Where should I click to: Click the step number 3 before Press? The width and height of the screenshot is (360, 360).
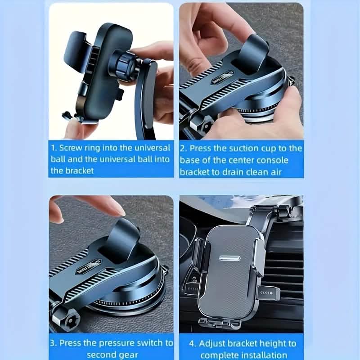point(54,343)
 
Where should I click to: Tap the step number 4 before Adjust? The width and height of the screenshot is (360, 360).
point(192,344)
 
